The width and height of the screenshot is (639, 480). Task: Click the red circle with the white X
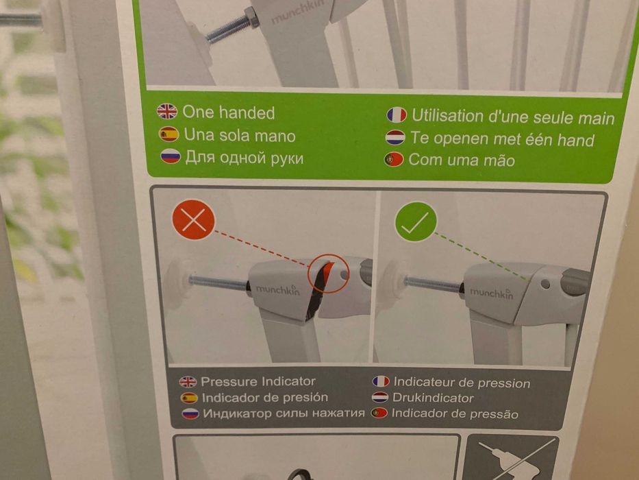pos(193,220)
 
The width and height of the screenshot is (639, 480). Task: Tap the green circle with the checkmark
pos(416,221)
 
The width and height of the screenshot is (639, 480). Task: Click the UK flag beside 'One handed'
pos(167,111)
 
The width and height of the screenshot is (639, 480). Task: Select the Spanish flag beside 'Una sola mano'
pos(168,134)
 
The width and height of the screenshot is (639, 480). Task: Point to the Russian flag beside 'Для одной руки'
pos(171,156)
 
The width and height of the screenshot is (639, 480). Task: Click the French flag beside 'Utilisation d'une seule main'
pos(397,115)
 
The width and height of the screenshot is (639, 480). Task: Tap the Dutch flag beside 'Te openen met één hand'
pos(395,138)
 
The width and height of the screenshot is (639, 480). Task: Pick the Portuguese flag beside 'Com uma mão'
pos(394,159)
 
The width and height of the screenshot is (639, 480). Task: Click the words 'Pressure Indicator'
pos(258,381)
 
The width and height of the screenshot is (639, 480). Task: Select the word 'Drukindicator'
pos(433,398)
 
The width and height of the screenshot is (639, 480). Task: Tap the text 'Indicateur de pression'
pos(462,383)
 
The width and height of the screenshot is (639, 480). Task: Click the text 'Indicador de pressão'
pos(455,413)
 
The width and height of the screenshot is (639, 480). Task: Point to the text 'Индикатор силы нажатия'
pos(284,413)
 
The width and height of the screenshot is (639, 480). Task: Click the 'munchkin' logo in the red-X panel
pos(277,289)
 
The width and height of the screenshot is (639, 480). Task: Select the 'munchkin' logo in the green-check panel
pos(492,292)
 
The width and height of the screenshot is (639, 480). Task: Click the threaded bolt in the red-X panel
pos(219,282)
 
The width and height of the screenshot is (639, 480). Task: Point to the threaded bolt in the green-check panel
pos(434,284)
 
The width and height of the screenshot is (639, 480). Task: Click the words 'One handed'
pos(229,112)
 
